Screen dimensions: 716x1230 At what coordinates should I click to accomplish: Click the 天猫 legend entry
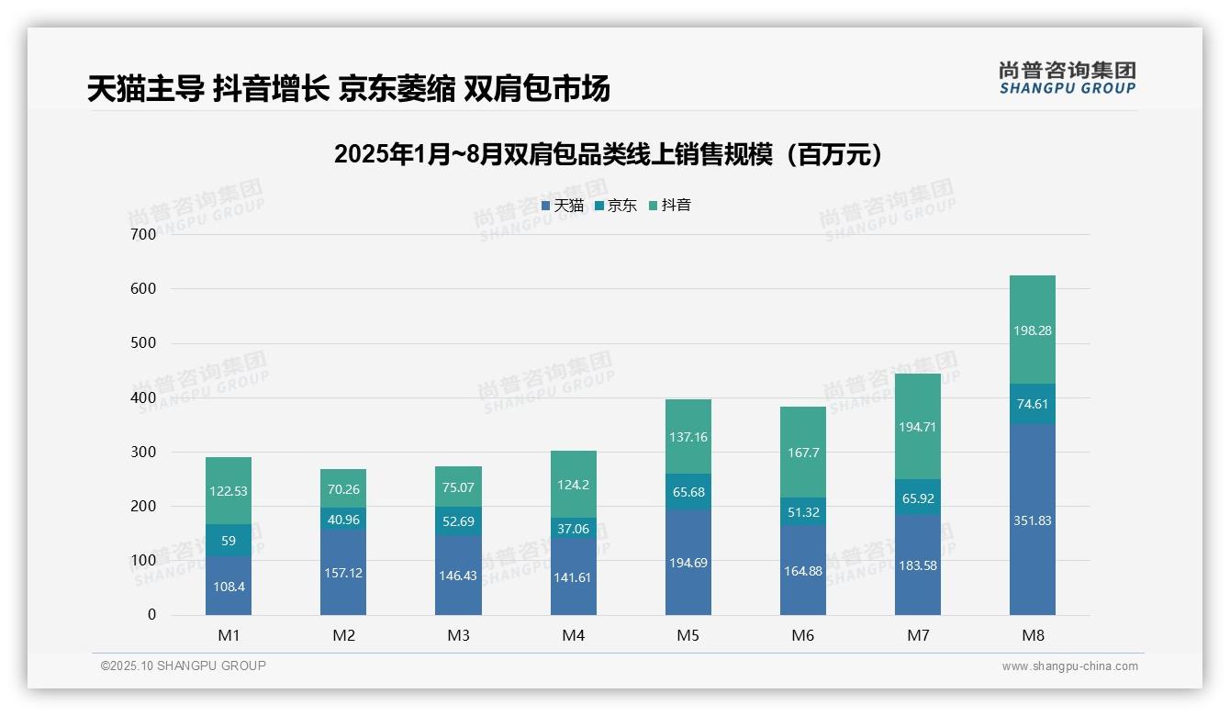[562, 206]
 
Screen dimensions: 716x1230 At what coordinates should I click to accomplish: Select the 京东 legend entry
[616, 206]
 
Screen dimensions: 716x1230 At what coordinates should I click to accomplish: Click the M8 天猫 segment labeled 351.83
[1033, 520]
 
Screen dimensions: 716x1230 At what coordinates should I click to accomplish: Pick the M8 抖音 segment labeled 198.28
[1033, 330]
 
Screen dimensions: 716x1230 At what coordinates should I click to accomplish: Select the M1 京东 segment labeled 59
[229, 541]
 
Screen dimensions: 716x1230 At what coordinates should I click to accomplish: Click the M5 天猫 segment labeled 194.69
[688, 562]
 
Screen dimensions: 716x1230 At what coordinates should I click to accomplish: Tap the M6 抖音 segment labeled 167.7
[803, 453]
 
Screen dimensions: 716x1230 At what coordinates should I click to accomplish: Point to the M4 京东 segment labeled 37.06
[574, 528]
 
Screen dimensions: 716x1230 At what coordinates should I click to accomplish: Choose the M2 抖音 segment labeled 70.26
[343, 489]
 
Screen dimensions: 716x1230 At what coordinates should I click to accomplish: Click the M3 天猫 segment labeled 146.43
[458, 576]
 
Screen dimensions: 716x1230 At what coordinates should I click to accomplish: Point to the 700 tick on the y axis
[142, 234]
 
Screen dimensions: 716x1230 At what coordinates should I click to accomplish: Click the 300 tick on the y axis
[142, 452]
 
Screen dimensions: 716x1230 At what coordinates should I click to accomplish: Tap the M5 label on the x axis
[688, 636]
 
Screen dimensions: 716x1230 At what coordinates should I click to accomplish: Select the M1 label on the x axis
[229, 636]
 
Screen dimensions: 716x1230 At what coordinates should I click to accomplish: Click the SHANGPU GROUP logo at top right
[1067, 78]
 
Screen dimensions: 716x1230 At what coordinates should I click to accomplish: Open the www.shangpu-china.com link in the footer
[1069, 666]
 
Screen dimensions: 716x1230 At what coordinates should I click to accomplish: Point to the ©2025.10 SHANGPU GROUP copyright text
[184, 666]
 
